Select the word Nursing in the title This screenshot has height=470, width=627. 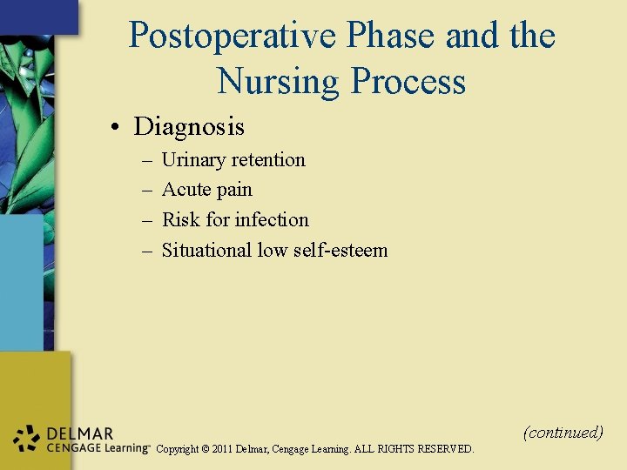pyautogui.click(x=279, y=81)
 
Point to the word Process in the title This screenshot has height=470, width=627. pyautogui.click(x=408, y=81)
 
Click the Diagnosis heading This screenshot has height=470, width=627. pyautogui.click(x=189, y=127)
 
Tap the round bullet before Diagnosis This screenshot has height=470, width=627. pyautogui.click(x=115, y=128)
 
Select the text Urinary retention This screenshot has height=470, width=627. pyautogui.click(x=233, y=160)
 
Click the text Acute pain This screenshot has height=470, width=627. pyautogui.click(x=206, y=190)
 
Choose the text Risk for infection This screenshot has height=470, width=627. pyautogui.click(x=235, y=220)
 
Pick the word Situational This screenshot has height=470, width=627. pyautogui.click(x=206, y=251)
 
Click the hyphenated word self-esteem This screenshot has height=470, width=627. pyautogui.click(x=344, y=251)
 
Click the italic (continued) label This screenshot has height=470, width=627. pyautogui.click(x=563, y=433)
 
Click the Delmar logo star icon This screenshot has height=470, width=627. pyautogui.click(x=28, y=439)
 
